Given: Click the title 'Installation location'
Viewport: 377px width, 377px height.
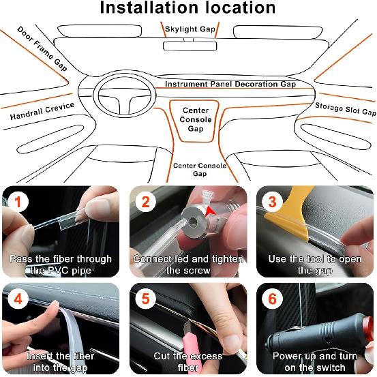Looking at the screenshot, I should [x=188, y=9].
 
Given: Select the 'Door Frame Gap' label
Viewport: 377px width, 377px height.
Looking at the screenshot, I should [x=42, y=48].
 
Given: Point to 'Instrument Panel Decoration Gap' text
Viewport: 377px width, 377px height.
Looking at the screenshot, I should [x=230, y=85].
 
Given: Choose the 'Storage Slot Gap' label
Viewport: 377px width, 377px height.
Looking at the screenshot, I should [x=345, y=109].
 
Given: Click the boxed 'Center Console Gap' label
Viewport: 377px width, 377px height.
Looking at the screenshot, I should [x=196, y=119].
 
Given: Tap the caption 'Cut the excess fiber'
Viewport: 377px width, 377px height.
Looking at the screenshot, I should [x=188, y=361].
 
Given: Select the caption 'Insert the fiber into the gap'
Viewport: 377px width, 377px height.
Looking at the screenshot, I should [x=62, y=361].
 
